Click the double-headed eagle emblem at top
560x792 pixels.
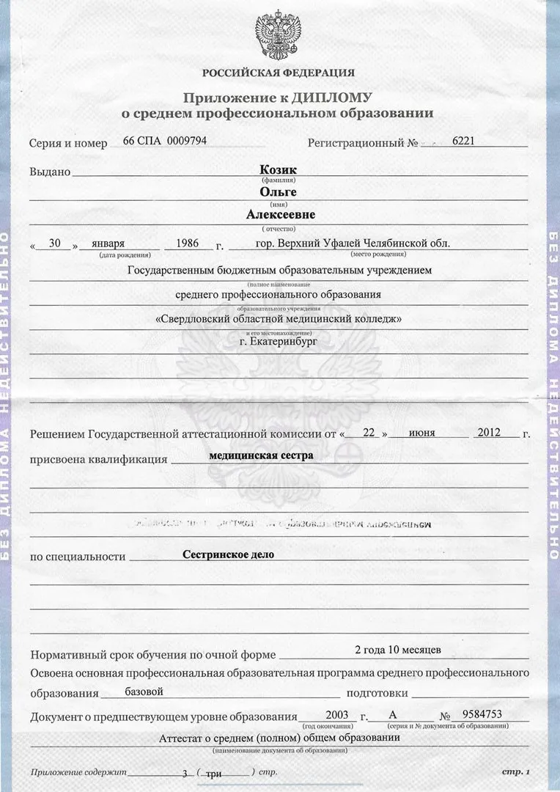[279, 34]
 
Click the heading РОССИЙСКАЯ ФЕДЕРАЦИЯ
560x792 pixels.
[279, 73]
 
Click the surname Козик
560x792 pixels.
[279, 169]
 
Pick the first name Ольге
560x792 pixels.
[279, 192]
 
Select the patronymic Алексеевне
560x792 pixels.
[280, 215]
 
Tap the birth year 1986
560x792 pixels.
[188, 243]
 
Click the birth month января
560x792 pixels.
[109, 243]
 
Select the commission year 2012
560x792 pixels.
[488, 432]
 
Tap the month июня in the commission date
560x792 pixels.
[422, 433]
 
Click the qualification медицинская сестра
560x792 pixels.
[261, 455]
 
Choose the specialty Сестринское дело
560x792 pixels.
[228, 554]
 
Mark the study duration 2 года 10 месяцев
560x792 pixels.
[397, 650]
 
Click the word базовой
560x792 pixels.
[144, 691]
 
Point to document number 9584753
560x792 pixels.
[482, 714]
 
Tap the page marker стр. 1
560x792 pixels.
[515, 771]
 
